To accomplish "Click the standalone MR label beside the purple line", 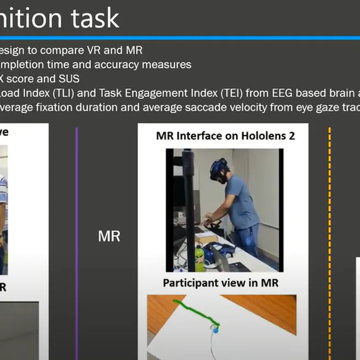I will pos(109,237).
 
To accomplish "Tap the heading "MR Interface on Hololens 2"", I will pos(225,135).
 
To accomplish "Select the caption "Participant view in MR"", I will pos(220,283).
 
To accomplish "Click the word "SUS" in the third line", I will pos(70,79).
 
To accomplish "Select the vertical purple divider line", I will pos(76,242).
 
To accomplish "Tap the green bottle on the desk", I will pos(200,258).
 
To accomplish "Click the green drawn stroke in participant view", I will pos(193,311).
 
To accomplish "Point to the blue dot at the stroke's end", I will pos(215,330).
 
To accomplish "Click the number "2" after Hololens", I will pos(291,135).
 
